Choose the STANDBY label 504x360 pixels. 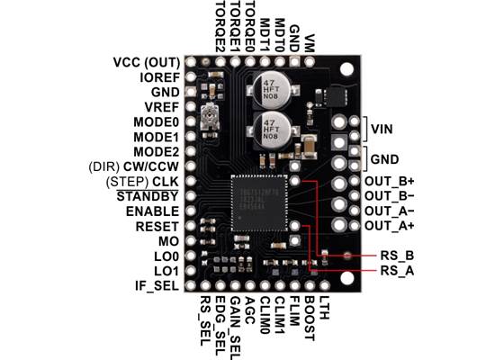150,195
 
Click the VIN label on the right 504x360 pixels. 383,128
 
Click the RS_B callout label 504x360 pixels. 397,255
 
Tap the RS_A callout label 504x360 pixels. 397,270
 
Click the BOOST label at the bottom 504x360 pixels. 309,311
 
